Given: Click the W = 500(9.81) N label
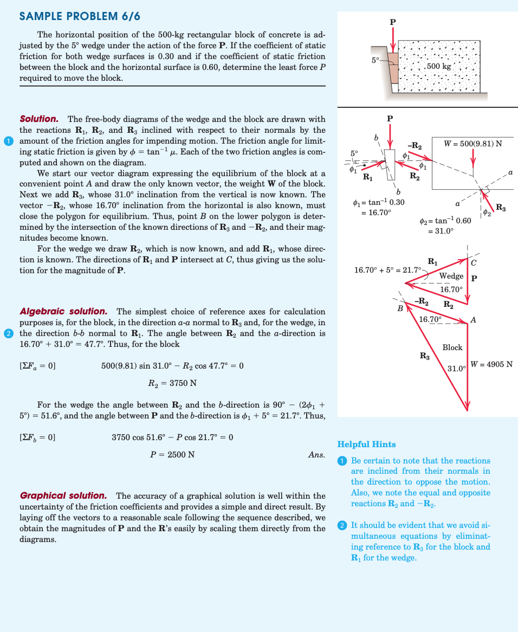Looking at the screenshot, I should click(x=472, y=144).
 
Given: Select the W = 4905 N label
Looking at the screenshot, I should click(x=491, y=364).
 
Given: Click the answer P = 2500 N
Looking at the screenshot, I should click(x=172, y=454).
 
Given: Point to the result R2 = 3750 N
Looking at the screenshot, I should click(x=172, y=383).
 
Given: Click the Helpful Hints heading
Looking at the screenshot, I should click(x=366, y=444).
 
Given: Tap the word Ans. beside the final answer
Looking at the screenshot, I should click(x=316, y=454).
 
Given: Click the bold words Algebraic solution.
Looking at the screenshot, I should click(x=63, y=312).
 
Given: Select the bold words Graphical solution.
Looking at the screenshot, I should click(x=63, y=495).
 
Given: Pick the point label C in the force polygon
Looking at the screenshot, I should click(x=474, y=263).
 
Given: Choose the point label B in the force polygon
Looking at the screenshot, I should click(x=400, y=308).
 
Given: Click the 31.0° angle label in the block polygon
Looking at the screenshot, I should click(x=457, y=369).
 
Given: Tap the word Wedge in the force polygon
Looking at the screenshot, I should click(x=451, y=276).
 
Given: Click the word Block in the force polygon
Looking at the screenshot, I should click(x=452, y=347).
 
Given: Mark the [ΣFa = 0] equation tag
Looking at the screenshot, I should click(x=37, y=366).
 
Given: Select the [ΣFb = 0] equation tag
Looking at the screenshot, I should click(x=37, y=437).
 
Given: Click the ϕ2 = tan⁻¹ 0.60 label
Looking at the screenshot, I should click(x=446, y=221).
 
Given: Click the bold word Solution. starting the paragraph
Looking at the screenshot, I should click(x=39, y=119).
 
